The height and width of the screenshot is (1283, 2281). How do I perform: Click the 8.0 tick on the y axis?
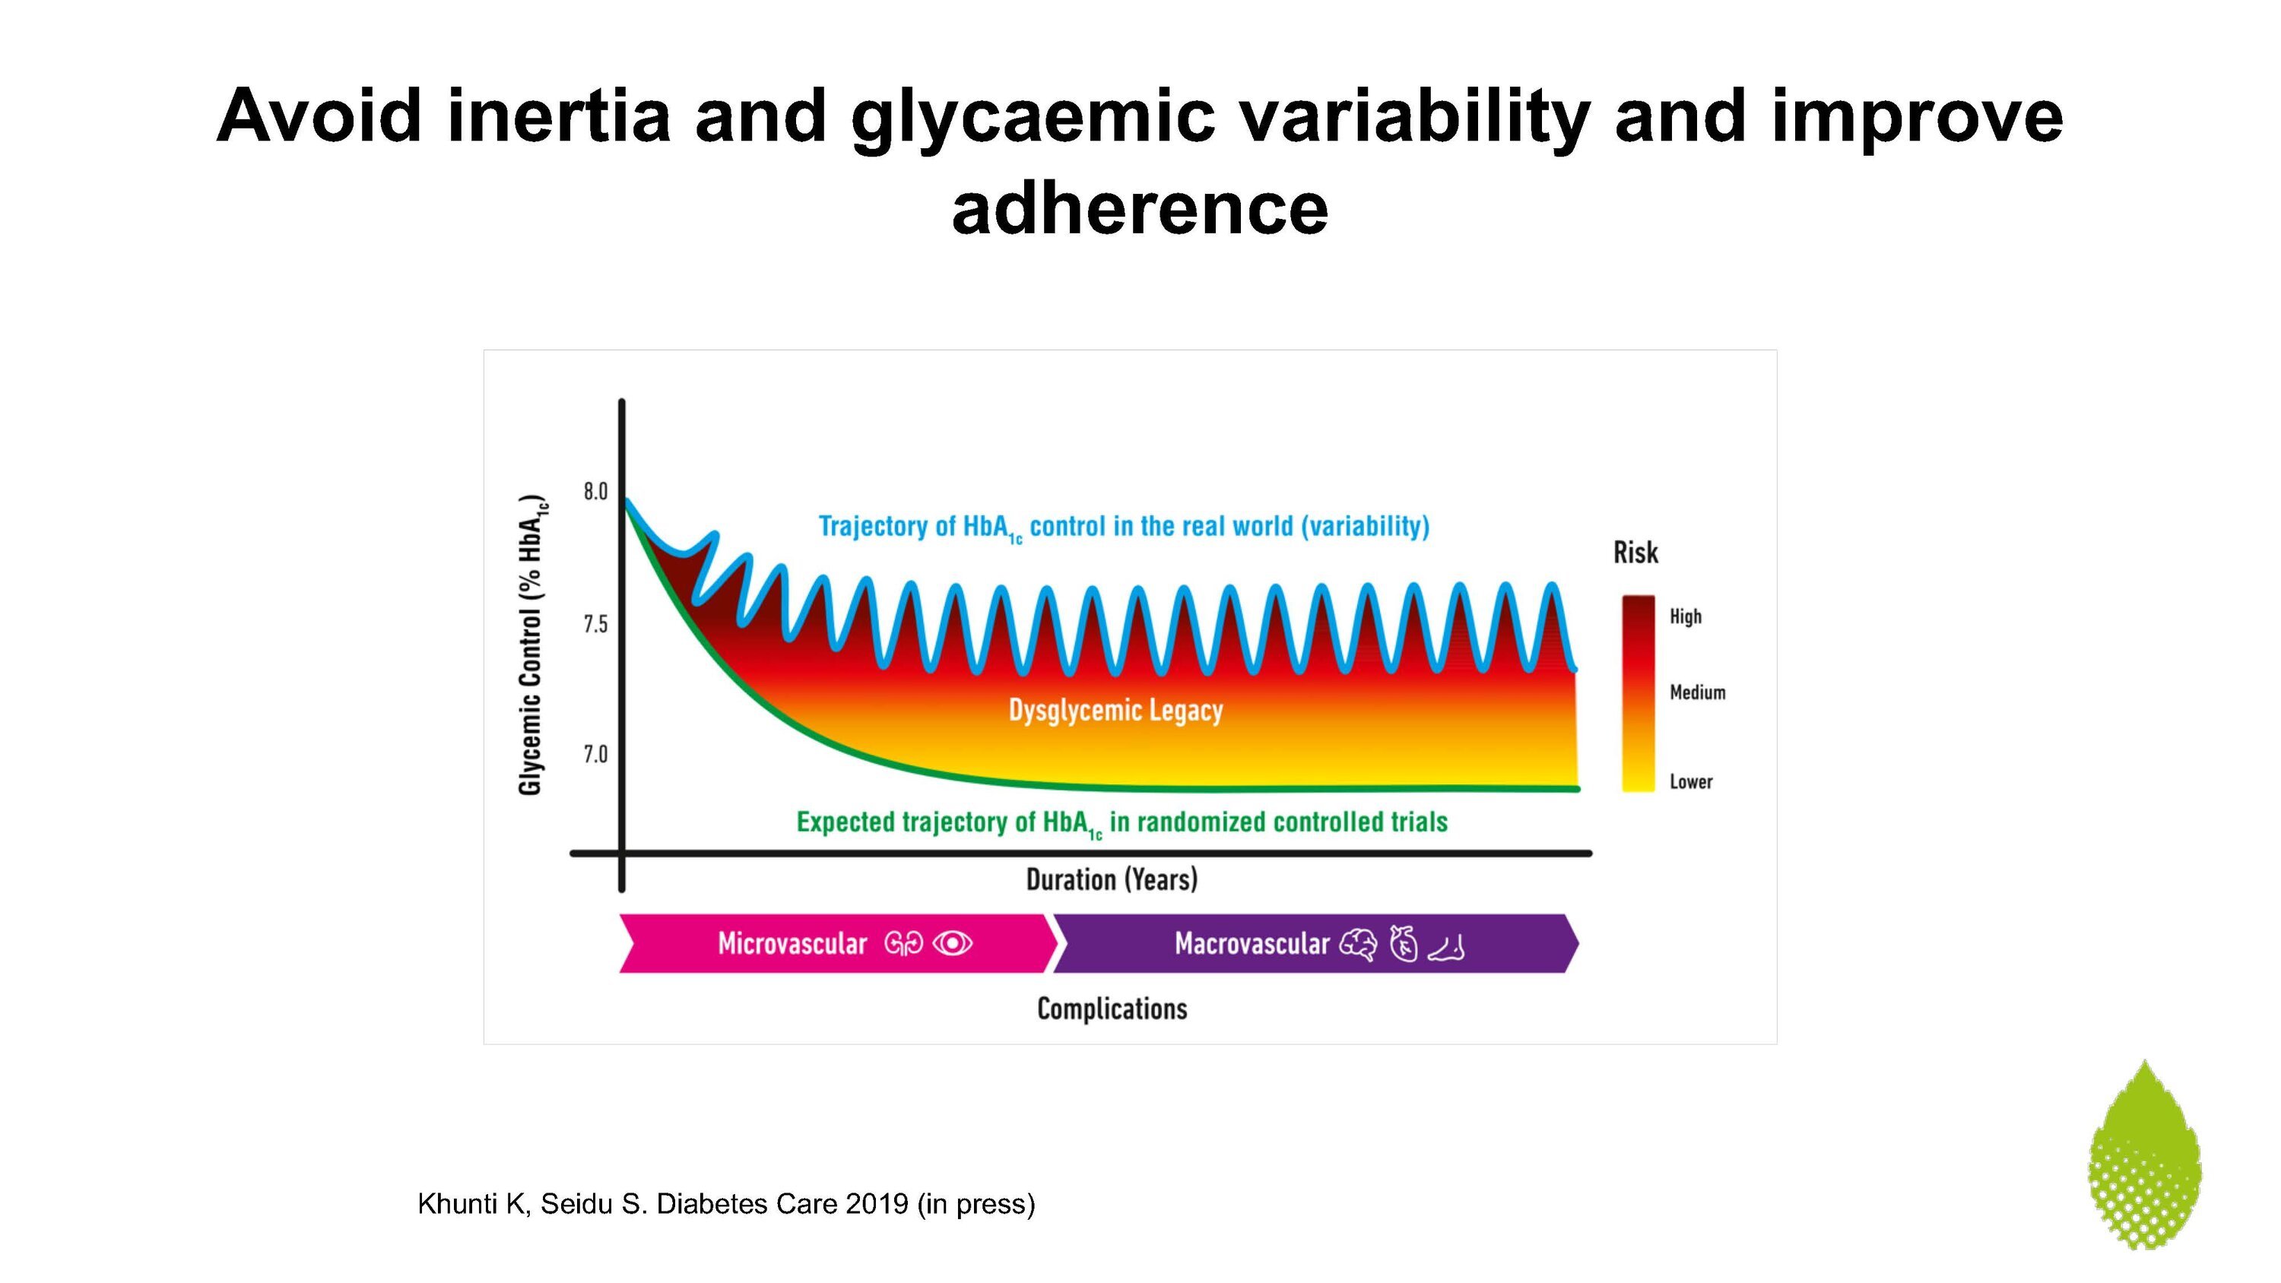[595, 492]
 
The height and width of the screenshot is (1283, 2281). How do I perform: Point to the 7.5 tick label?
[595, 624]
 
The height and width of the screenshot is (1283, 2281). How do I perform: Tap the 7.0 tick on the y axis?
[595, 755]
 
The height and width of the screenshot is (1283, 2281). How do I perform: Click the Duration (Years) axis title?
[1112, 879]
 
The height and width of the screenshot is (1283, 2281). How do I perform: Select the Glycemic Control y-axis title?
[531, 645]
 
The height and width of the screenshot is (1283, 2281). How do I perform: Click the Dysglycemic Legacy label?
[1115, 710]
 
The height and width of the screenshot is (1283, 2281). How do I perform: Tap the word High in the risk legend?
[1685, 616]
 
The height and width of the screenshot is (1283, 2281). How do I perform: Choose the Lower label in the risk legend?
[1690, 782]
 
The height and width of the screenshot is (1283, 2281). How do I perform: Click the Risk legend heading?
[1635, 553]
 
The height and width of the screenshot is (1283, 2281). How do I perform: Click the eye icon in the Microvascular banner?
[952, 944]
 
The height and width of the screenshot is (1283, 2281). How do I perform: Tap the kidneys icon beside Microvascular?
[903, 944]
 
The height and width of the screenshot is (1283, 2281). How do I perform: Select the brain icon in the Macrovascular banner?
[1357, 944]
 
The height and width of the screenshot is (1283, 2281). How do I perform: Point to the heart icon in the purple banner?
[1404, 944]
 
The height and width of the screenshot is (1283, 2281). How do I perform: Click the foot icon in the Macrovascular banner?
[1446, 946]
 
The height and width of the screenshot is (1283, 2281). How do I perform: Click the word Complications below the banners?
[1112, 1009]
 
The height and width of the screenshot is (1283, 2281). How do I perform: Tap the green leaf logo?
[2145, 1155]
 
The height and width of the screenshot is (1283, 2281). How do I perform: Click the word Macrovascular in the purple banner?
[1252, 944]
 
